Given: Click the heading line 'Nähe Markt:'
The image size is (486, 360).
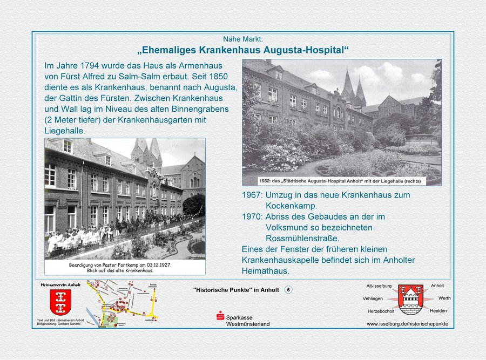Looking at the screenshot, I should click(x=243, y=39).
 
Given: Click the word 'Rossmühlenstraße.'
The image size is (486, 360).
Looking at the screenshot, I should click(x=303, y=238).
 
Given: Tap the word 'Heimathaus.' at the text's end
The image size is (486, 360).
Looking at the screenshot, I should click(x=265, y=270).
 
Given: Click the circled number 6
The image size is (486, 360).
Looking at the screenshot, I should click(x=288, y=290).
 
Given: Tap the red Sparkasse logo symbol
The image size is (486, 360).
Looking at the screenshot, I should click(x=220, y=317).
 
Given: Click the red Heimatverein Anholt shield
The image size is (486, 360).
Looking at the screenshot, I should click(x=60, y=302).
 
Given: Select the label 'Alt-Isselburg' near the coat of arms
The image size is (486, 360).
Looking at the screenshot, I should click(x=379, y=286).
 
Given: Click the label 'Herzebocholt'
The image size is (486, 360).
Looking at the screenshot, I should click(x=381, y=311).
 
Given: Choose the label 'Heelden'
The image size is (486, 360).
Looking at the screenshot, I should click(x=438, y=311).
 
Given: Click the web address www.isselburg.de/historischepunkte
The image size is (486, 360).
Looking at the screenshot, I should click(x=407, y=324).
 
